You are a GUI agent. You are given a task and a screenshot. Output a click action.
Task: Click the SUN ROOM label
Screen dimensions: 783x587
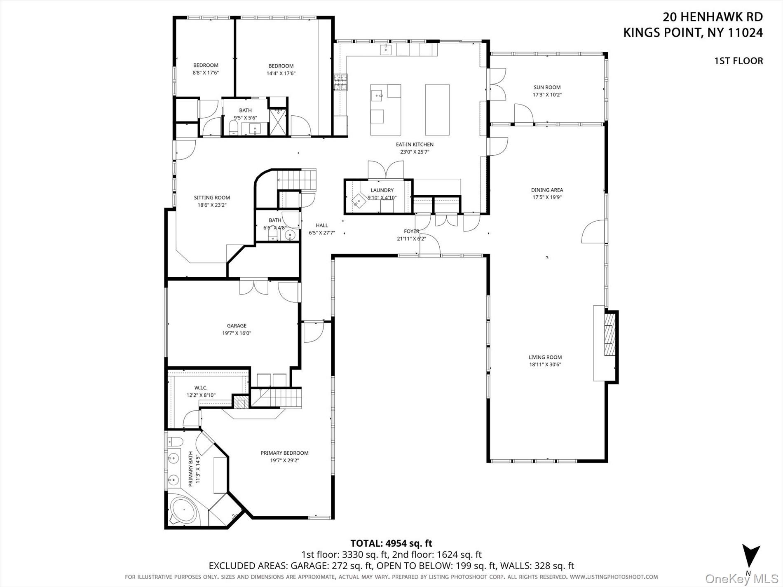click(547, 87)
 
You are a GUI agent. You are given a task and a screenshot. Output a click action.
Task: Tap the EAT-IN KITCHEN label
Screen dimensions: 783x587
click(415, 145)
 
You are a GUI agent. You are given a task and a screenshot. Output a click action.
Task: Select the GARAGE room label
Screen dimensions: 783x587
click(237, 326)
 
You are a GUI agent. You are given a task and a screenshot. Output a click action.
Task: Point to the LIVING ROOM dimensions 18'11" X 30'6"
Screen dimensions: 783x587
click(545, 365)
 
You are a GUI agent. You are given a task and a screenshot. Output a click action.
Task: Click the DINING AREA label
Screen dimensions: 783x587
click(547, 190)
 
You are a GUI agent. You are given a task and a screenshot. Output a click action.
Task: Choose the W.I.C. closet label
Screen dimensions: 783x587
click(201, 388)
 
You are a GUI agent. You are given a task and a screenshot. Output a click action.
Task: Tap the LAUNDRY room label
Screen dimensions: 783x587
click(382, 190)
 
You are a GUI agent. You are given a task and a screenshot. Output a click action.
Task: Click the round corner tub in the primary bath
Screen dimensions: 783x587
click(184, 512)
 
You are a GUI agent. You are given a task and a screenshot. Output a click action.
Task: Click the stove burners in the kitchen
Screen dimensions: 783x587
click(340, 82)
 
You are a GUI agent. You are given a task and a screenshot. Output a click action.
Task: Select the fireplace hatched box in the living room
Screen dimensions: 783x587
click(610, 334)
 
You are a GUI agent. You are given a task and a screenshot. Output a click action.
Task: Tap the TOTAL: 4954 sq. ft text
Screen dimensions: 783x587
click(391, 543)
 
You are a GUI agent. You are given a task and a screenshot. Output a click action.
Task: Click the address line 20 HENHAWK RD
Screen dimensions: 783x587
click(713, 17)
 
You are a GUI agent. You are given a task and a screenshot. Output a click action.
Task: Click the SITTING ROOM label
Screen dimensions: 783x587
click(212, 198)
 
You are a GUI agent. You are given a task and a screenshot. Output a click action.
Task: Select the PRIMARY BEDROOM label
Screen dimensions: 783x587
click(284, 453)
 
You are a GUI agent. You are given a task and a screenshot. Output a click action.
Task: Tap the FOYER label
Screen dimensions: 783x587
click(411, 232)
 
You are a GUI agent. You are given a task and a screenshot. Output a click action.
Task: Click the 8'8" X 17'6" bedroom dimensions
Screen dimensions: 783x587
click(206, 73)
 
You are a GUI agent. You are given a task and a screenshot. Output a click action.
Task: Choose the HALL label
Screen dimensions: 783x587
click(322, 225)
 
